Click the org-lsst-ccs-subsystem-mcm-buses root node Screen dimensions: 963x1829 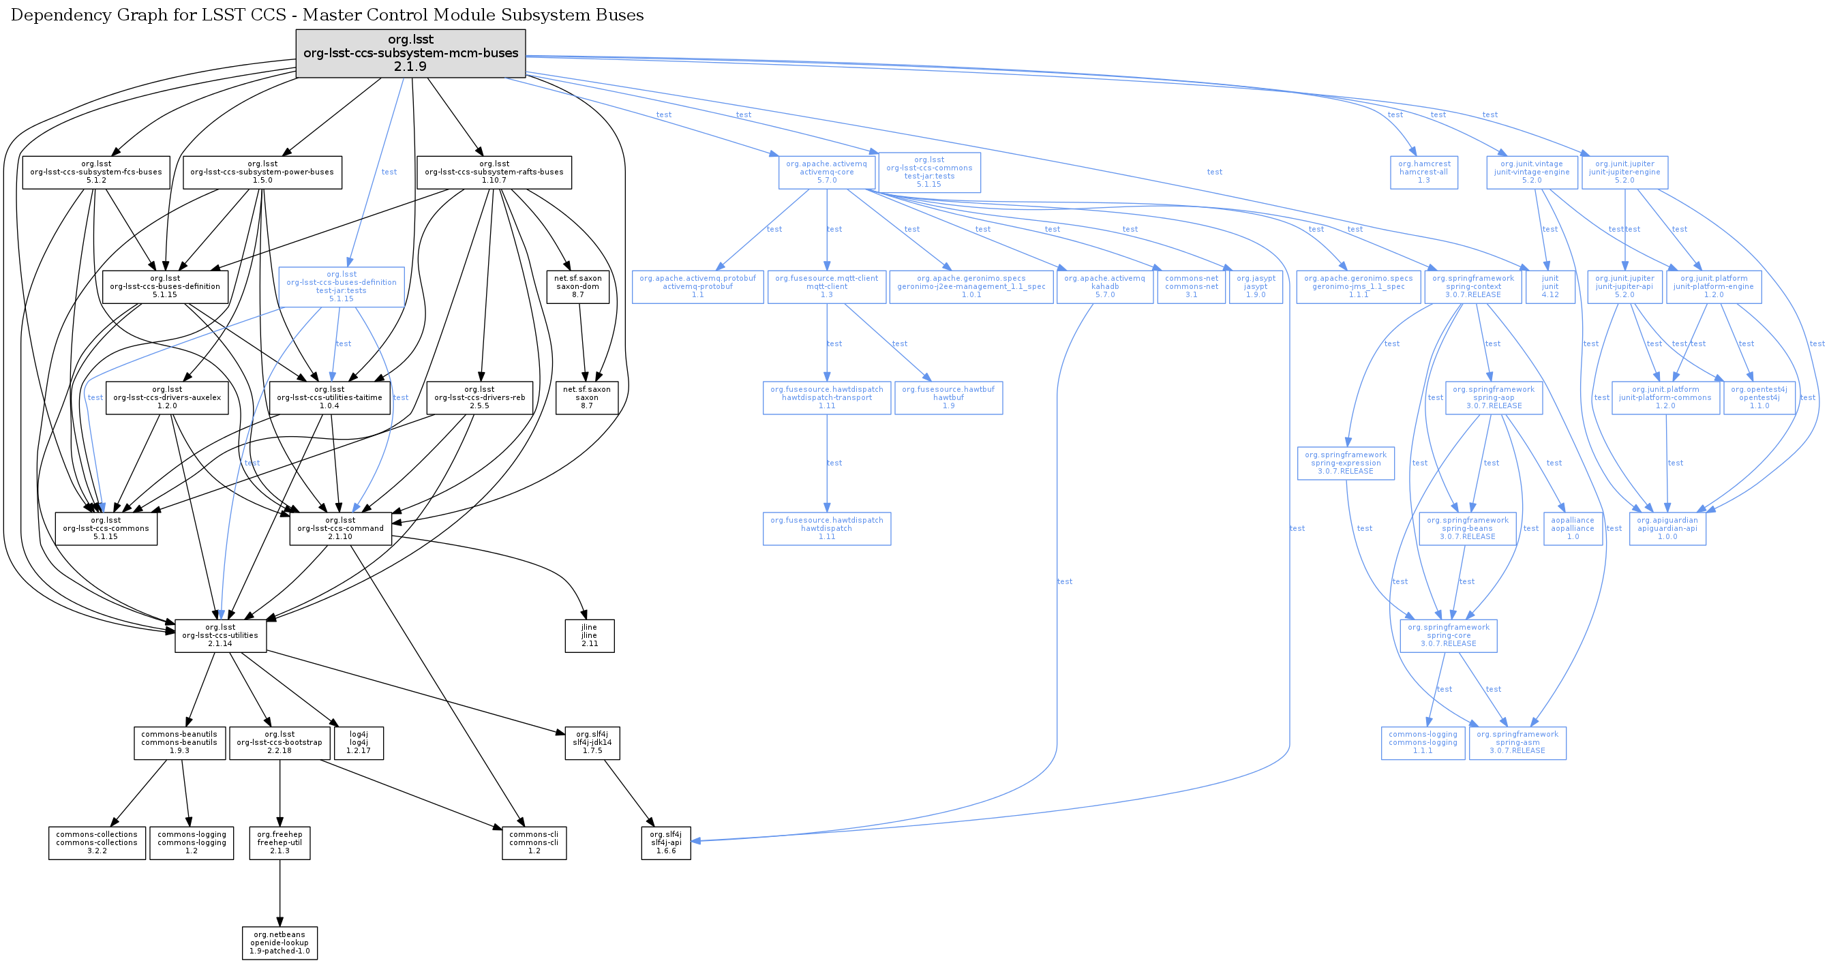click(x=410, y=53)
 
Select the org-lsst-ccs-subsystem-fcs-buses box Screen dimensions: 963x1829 click(x=96, y=172)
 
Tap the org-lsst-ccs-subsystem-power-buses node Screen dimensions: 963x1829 click(x=262, y=172)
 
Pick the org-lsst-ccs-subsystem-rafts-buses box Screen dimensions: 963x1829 click(x=494, y=172)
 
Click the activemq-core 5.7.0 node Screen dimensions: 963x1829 click(x=826, y=172)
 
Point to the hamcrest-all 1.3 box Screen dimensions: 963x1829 click(x=1423, y=172)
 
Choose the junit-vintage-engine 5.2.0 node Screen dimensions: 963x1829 click(x=1532, y=172)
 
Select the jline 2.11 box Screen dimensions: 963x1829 click(x=589, y=636)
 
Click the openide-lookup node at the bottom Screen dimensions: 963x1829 click(x=279, y=943)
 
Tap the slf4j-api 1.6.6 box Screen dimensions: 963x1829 click(x=666, y=842)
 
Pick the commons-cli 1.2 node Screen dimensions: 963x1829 click(x=534, y=842)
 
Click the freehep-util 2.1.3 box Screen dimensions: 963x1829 click(x=279, y=842)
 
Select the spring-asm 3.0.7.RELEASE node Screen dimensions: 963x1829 click(x=1517, y=743)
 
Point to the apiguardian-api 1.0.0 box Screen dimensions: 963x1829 click(x=1667, y=529)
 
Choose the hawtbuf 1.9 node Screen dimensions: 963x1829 click(x=948, y=397)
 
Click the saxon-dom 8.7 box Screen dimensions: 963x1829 click(x=578, y=287)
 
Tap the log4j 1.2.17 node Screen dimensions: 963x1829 click(x=359, y=743)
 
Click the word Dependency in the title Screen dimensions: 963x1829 click(x=53, y=15)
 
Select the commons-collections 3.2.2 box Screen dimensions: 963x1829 click(x=97, y=842)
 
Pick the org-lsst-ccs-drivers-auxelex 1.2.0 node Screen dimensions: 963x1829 click(x=168, y=397)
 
